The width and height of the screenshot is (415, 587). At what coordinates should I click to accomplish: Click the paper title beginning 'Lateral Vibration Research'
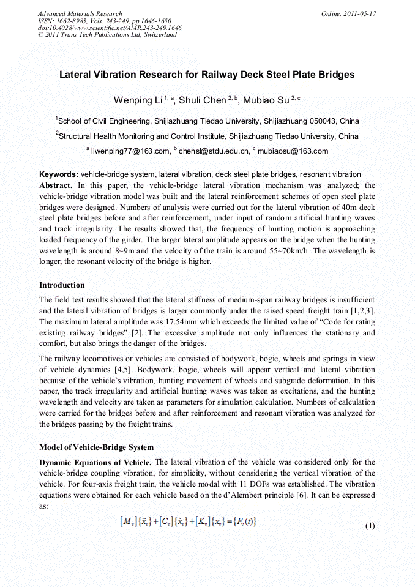tap(207, 75)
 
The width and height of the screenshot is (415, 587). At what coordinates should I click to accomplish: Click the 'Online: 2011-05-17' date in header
tap(348, 13)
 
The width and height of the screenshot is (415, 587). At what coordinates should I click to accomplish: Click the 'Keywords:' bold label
tap(59, 174)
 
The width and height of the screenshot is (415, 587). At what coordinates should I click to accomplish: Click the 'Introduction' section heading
tap(62, 285)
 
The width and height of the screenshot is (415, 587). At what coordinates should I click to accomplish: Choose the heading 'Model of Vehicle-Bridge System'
tap(96, 447)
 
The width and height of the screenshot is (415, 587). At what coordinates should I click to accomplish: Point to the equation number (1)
tap(370, 526)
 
